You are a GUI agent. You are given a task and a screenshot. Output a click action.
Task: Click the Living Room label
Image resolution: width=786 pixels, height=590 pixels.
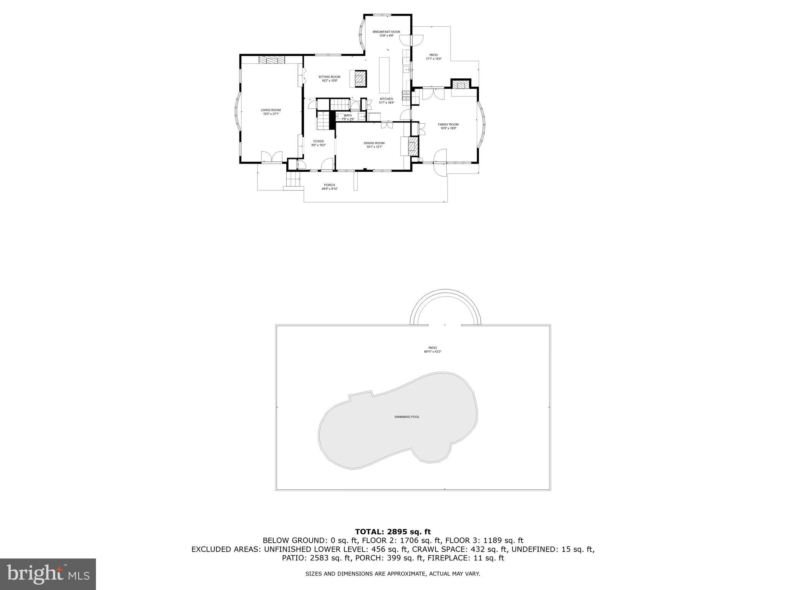point(271,110)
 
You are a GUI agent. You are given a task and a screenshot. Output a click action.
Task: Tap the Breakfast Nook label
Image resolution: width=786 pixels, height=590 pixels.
point(386,32)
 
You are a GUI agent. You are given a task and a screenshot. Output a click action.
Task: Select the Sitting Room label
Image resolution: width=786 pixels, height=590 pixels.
point(329,77)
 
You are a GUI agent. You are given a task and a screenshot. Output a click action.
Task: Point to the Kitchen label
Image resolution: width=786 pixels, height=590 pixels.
point(386,99)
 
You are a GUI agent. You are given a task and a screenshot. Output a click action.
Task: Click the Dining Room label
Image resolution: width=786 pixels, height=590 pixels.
point(374,143)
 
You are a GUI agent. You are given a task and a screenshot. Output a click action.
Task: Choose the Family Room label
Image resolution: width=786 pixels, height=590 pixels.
point(448,124)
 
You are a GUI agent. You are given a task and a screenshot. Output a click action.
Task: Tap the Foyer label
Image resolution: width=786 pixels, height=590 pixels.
point(318,141)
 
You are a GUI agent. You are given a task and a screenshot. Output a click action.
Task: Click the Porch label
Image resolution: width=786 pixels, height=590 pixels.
point(329,185)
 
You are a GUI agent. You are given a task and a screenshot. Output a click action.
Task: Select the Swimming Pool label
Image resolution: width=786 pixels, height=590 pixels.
point(407,417)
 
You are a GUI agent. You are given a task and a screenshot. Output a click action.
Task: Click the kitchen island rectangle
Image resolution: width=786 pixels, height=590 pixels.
point(384,75)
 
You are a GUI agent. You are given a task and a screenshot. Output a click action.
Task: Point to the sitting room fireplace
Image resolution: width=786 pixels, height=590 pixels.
point(360,79)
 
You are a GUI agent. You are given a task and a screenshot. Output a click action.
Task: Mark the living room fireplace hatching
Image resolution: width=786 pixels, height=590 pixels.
point(272,60)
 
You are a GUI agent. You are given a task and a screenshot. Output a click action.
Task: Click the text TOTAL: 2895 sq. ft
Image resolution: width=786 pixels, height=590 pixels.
point(393,532)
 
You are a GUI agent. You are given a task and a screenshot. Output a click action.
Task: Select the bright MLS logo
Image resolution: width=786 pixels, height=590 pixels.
point(48,574)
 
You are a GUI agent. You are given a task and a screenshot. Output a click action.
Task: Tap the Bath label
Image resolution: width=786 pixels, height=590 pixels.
point(348,115)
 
